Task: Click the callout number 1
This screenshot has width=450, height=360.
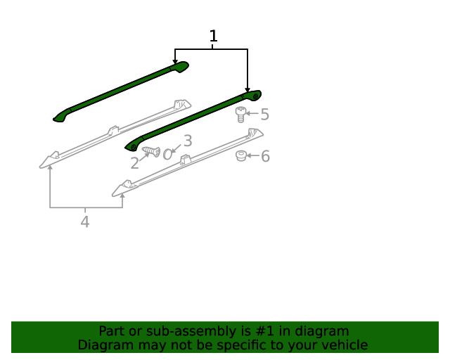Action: [213, 37]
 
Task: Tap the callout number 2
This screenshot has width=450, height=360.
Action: [134, 163]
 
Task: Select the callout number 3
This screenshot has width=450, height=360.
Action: [187, 141]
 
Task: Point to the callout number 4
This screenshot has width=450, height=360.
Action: [85, 222]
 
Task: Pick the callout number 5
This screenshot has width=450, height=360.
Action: [264, 114]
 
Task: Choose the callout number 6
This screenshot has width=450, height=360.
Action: [265, 156]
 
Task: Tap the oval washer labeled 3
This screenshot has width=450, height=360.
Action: [167, 153]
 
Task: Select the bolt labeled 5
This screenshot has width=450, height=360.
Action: [240, 115]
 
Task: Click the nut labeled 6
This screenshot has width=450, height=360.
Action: [240, 155]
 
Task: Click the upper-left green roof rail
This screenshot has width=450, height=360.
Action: [120, 91]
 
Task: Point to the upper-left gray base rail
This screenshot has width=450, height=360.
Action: [112, 132]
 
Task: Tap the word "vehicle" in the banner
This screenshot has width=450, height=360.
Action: [345, 345]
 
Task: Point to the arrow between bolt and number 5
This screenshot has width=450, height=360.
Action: [252, 114]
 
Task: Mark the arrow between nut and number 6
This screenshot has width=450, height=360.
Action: [252, 156]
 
